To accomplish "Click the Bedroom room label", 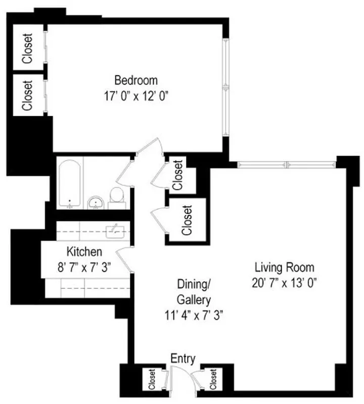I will click(x=135, y=80).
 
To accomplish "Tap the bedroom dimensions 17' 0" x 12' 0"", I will click(x=135, y=96).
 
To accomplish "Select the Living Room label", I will click(x=284, y=267).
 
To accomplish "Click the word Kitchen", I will click(x=84, y=251).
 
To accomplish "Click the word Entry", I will click(x=183, y=359).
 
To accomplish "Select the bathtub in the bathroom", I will click(x=69, y=184).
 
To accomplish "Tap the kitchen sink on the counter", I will click(x=114, y=231).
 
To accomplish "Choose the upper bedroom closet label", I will click(x=26, y=49).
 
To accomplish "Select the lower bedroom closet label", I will click(x=26, y=95).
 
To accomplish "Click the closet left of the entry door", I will click(x=151, y=380).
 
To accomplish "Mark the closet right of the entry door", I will click(x=213, y=380).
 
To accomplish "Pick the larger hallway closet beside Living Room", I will click(x=187, y=221).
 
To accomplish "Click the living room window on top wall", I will click(x=286, y=165).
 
